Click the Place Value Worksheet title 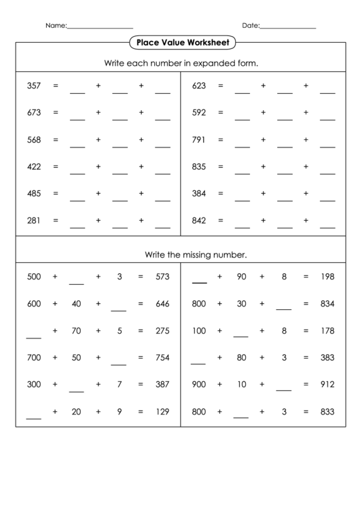pos(182,42)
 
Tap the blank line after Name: pos(100,27)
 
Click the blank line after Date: pos(289,27)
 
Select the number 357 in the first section pos(34,86)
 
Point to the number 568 pos(34,140)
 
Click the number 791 pos(199,140)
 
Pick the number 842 pos(199,220)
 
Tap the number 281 pos(34,220)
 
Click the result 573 pos(162,277)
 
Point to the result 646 pos(162,304)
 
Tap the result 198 pos(327,277)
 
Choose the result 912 pos(327,384)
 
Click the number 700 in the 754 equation pos(34,357)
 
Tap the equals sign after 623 pos(220,86)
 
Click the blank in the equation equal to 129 pos(34,416)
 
